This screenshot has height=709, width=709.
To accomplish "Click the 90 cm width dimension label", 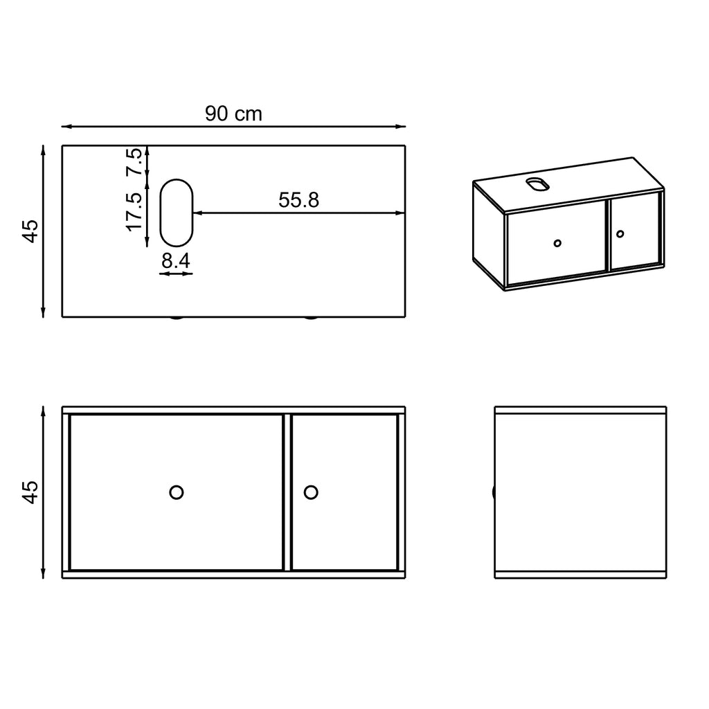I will point(233,114).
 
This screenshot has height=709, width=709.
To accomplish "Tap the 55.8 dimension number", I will point(298,200).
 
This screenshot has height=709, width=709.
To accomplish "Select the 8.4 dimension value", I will point(176,261).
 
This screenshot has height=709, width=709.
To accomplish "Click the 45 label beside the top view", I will point(30,231).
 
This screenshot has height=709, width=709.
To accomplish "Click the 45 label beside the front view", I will point(30,492).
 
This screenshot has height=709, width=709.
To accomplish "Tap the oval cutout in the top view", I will point(176,213).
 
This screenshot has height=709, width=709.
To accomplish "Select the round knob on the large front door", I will point(177,492).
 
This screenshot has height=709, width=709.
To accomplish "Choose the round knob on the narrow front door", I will point(311,492).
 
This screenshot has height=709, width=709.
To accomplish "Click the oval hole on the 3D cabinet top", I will point(537,183).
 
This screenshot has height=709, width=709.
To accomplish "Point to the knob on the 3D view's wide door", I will point(557,243).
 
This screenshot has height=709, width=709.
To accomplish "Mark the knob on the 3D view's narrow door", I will point(620,233).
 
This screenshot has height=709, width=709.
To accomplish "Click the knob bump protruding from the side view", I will point(494,492).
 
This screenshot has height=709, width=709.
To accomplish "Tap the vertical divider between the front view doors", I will point(287,492).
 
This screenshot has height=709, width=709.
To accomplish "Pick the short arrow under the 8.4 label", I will point(176,274).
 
